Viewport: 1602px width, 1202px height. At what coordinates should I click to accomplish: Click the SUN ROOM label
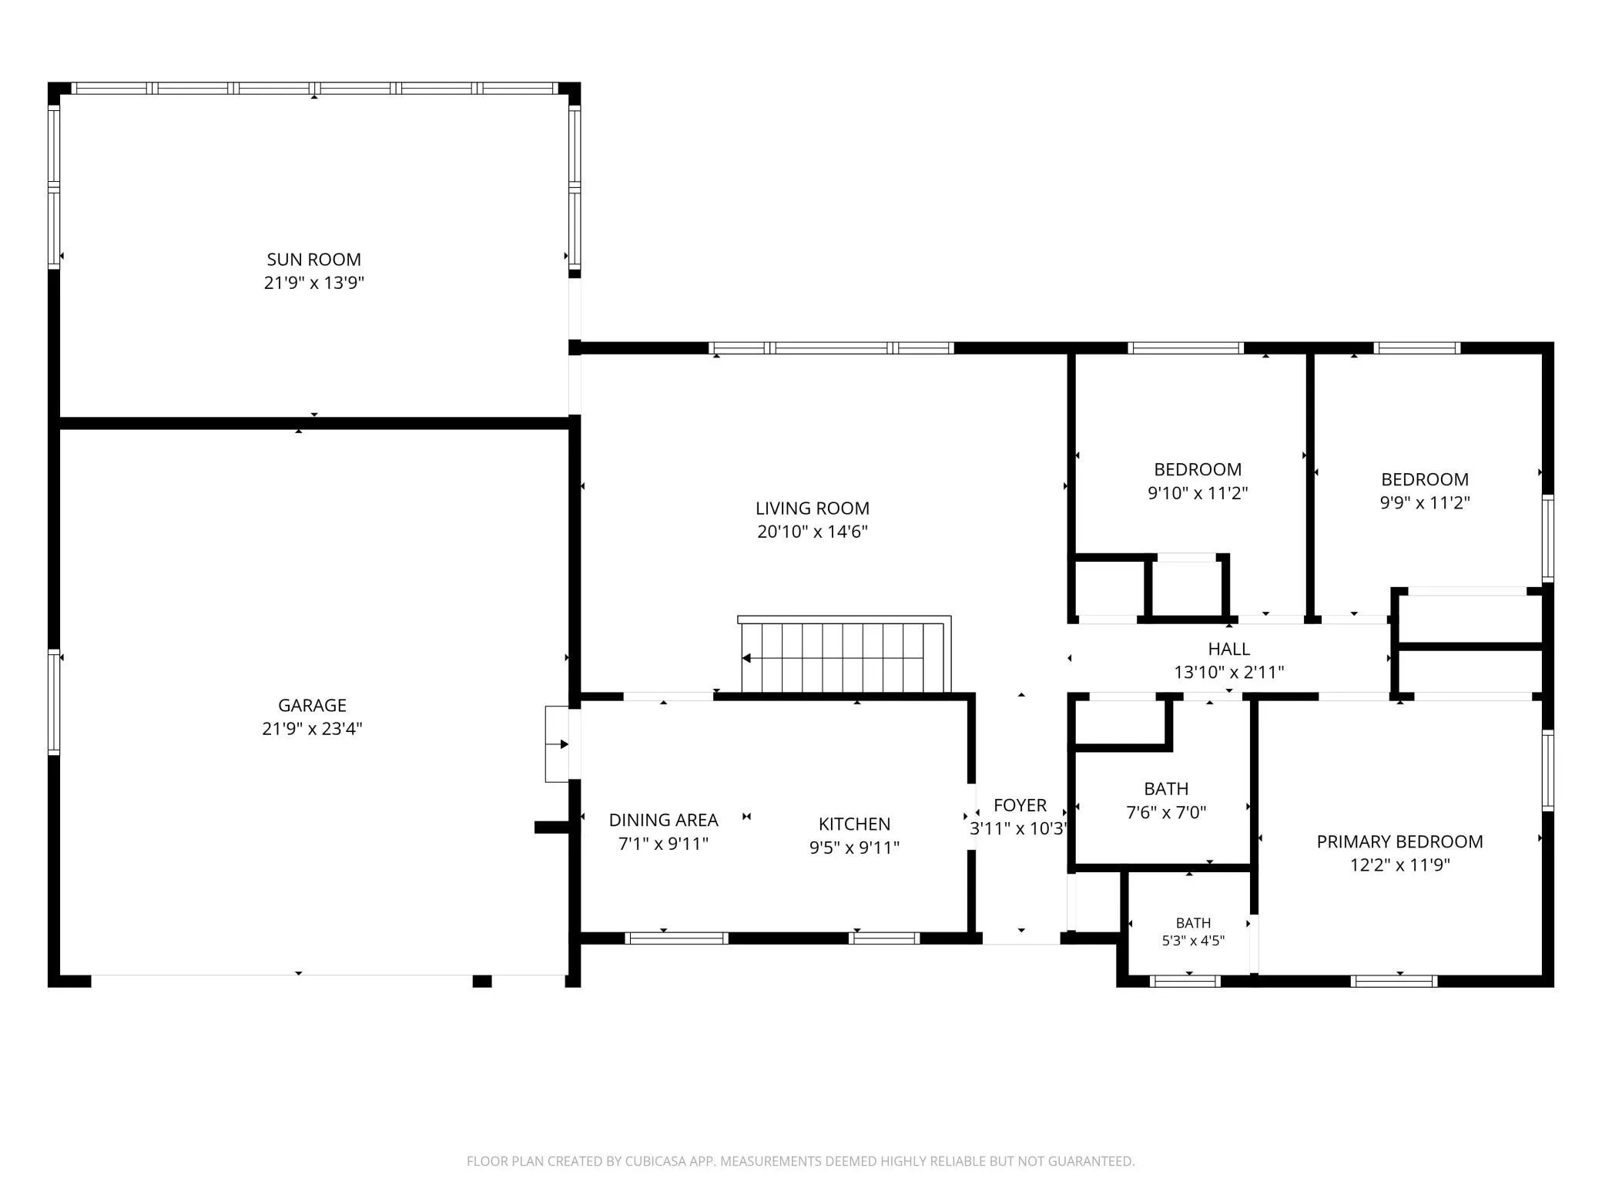pyautogui.click(x=313, y=260)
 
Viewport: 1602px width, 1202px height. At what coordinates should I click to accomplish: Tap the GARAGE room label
pyautogui.click(x=312, y=705)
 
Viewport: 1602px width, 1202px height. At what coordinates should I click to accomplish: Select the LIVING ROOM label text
pyautogui.click(x=813, y=509)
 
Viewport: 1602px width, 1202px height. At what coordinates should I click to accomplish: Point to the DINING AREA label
pyautogui.click(x=664, y=820)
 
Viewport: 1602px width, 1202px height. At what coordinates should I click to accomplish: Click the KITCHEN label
pyautogui.click(x=854, y=824)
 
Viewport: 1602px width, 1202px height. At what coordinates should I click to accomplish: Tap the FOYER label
pyautogui.click(x=1020, y=805)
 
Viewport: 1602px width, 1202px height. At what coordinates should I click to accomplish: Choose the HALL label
pyautogui.click(x=1228, y=649)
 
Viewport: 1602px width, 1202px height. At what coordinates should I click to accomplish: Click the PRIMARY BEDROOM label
pyautogui.click(x=1399, y=841)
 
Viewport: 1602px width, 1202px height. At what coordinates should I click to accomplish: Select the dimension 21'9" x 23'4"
pyautogui.click(x=312, y=728)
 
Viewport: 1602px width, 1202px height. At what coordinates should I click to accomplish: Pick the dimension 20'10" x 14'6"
pyautogui.click(x=813, y=532)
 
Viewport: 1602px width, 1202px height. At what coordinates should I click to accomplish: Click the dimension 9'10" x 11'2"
pyautogui.click(x=1198, y=492)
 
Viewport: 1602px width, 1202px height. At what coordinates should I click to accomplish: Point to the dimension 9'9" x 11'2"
pyautogui.click(x=1425, y=502)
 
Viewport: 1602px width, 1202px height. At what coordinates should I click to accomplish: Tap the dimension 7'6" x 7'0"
pyautogui.click(x=1166, y=812)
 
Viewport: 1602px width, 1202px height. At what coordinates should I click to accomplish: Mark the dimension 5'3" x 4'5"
pyautogui.click(x=1193, y=940)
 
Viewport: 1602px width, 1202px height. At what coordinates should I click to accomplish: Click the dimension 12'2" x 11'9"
pyautogui.click(x=1399, y=865)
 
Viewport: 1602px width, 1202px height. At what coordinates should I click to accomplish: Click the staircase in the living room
pyautogui.click(x=845, y=655)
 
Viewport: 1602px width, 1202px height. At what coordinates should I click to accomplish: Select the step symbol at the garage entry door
pyautogui.click(x=557, y=744)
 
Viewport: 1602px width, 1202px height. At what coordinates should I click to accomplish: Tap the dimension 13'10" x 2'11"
pyautogui.click(x=1228, y=672)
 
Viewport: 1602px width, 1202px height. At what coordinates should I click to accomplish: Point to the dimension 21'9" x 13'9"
pyautogui.click(x=313, y=283)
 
